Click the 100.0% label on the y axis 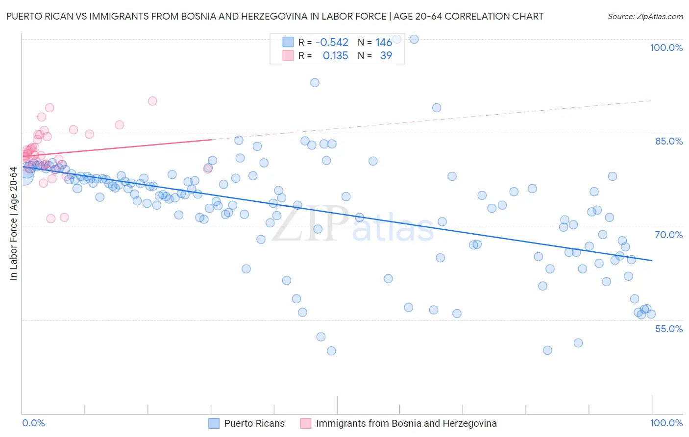[x=666, y=48]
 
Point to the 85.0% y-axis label [x=669, y=141]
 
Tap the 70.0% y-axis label [x=669, y=235]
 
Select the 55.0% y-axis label [x=669, y=329]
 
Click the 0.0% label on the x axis [x=33, y=423]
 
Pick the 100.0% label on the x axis [x=666, y=423]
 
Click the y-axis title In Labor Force [x=13, y=224]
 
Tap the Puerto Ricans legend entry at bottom [x=254, y=423]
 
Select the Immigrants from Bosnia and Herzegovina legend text [x=406, y=423]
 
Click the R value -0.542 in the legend [x=332, y=43]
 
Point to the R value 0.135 [x=335, y=56]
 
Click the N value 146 [x=384, y=43]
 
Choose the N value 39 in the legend [x=386, y=56]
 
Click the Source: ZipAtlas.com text [x=645, y=17]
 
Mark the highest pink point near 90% [x=152, y=101]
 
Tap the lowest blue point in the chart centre [x=331, y=351]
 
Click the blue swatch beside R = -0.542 [x=288, y=43]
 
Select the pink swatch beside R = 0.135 [x=288, y=56]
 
